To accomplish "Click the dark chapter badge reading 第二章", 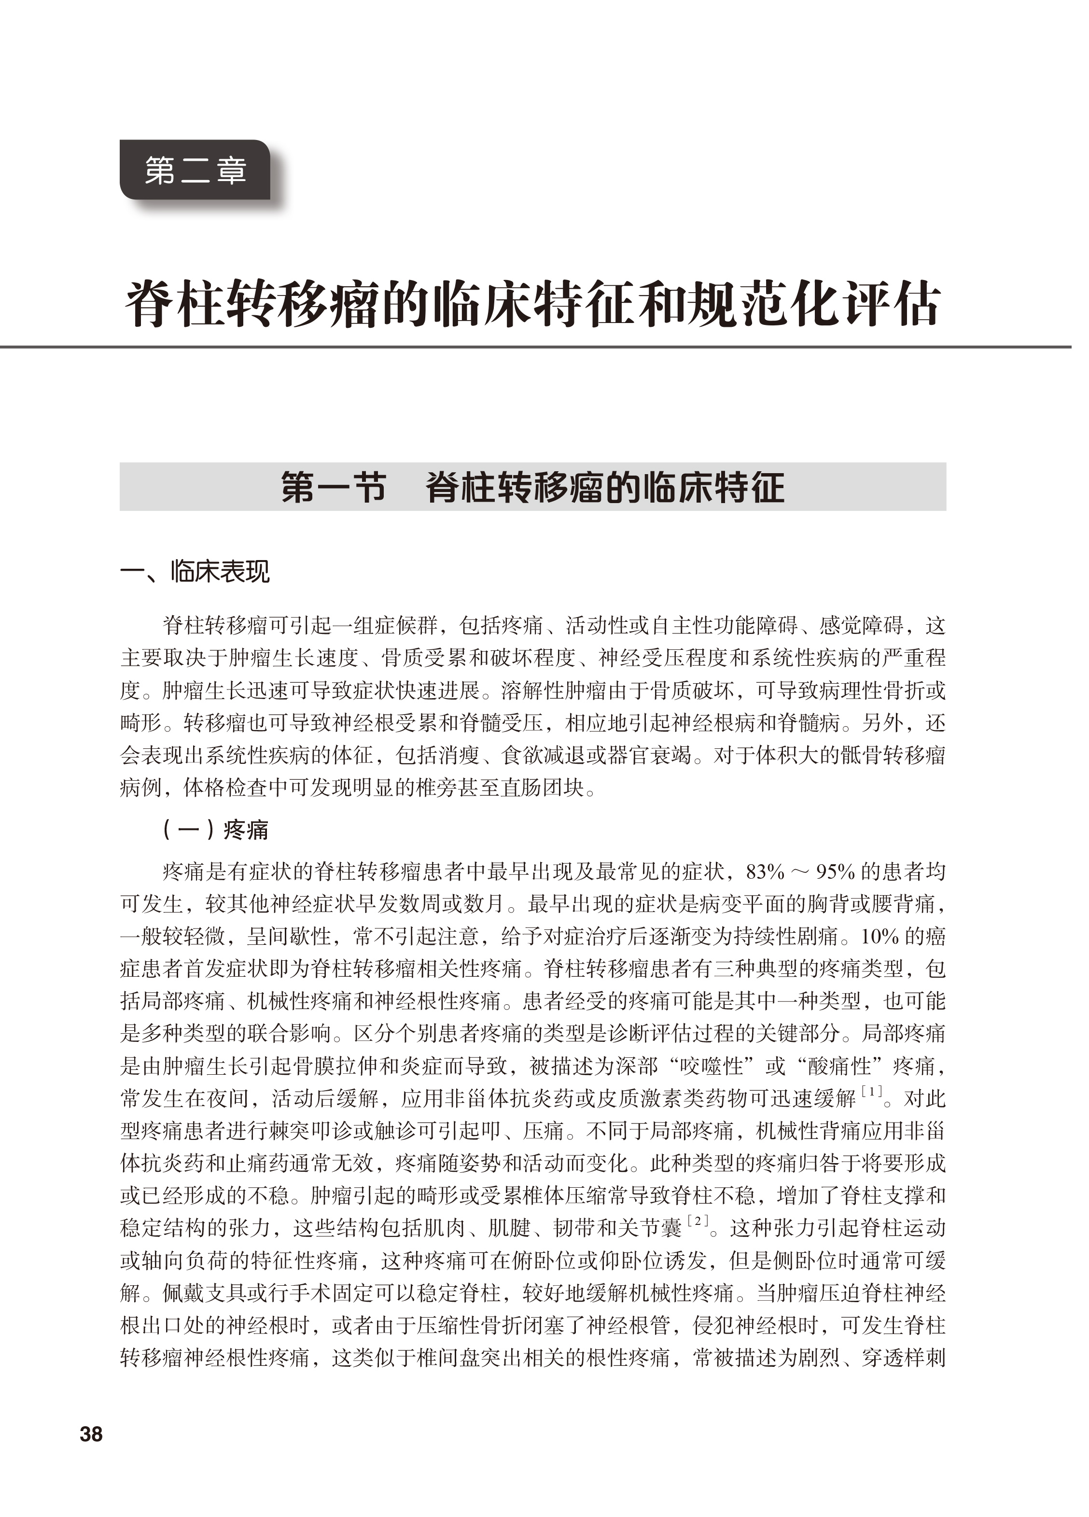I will pyautogui.click(x=195, y=170).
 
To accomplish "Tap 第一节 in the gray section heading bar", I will pyautogui.click(x=333, y=487).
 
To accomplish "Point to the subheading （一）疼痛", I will pyautogui.click(x=215, y=829).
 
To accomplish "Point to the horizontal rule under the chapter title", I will pyautogui.click(x=535, y=347).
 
